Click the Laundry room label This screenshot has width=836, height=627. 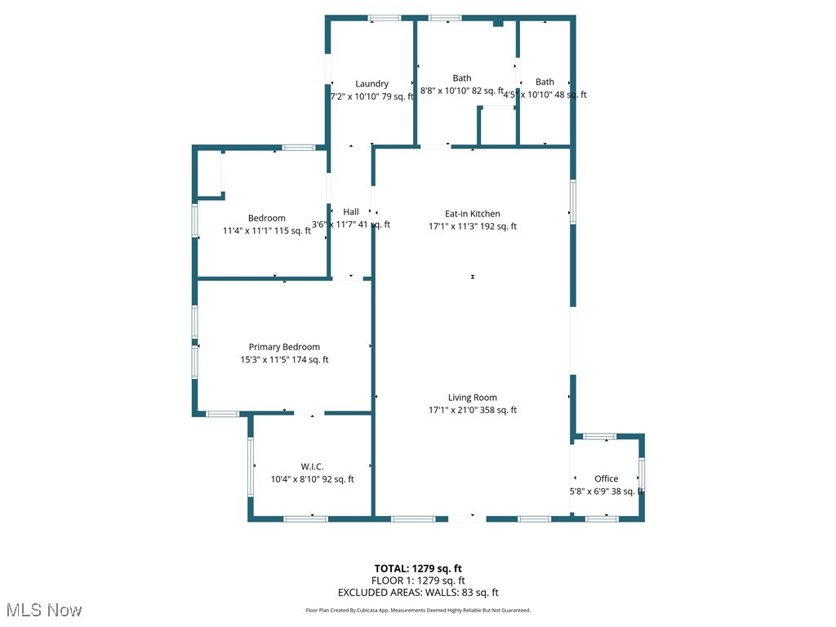tap(371, 83)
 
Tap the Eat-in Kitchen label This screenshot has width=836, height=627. tap(472, 214)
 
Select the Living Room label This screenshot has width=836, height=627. tap(472, 398)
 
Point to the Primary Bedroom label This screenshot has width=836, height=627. tap(284, 347)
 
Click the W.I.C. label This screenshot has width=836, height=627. tap(312, 467)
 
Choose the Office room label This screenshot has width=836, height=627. tap(606, 478)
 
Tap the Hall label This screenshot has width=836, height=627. tap(351, 211)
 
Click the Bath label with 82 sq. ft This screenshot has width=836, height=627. tap(462, 78)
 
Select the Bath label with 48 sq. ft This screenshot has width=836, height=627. tap(545, 82)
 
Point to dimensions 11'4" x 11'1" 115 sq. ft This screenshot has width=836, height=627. tap(267, 231)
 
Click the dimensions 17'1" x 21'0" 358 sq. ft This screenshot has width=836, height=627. tap(473, 411)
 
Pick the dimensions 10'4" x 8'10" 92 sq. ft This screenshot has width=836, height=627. tap(313, 480)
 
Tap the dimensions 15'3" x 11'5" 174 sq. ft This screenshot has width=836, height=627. tap(284, 360)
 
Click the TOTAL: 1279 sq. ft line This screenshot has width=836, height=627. tap(418, 568)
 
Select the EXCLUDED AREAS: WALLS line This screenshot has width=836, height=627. tap(418, 593)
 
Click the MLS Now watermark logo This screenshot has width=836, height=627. tap(43, 610)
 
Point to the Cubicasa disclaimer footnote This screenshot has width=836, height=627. tap(418, 610)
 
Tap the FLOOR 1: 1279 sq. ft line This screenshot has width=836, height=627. tap(418, 580)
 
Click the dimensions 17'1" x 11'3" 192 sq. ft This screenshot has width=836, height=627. tap(473, 227)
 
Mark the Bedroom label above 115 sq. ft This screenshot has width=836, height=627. tap(267, 218)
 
